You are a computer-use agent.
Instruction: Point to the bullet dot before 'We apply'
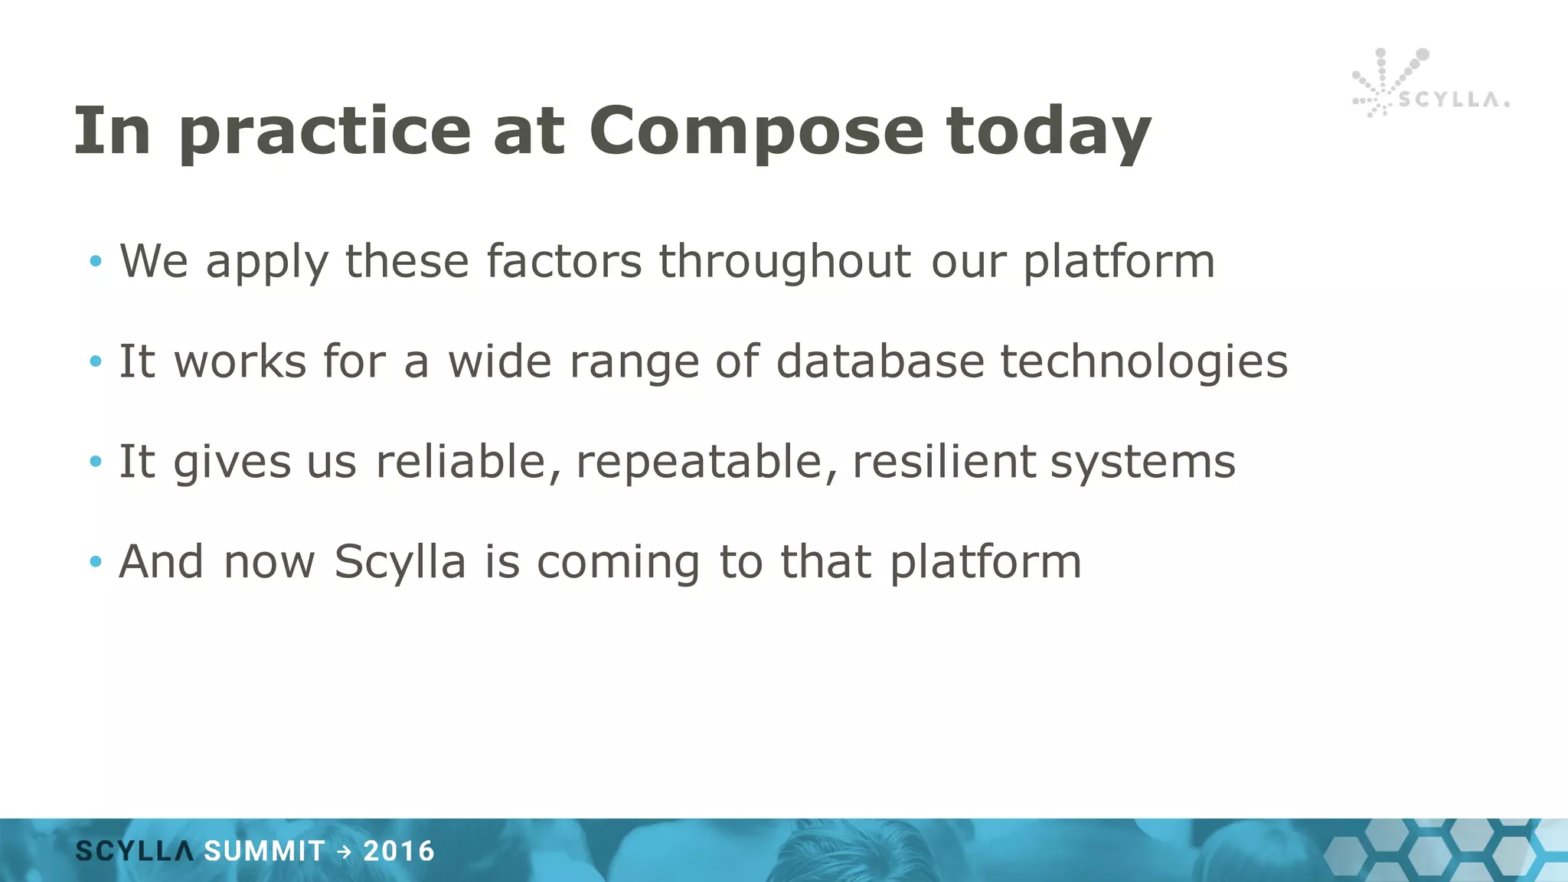pyautogui.click(x=95, y=262)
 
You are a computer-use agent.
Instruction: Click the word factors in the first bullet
pyautogui.click(x=563, y=262)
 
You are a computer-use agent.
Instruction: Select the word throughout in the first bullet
pyautogui.click(x=786, y=262)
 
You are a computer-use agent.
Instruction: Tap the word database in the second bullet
pyautogui.click(x=880, y=361)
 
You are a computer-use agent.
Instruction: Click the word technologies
pyautogui.click(x=1144, y=361)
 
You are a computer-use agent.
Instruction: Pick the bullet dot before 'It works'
pyautogui.click(x=95, y=361)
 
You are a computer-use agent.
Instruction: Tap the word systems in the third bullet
pyautogui.click(x=1142, y=462)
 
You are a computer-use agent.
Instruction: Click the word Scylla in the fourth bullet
pyautogui.click(x=400, y=562)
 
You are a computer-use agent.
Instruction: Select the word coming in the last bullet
pyautogui.click(x=618, y=562)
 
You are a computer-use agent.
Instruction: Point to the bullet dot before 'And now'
pyautogui.click(x=95, y=562)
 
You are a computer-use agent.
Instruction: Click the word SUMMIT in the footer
pyautogui.click(x=265, y=851)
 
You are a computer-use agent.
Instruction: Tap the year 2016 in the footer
pyautogui.click(x=399, y=851)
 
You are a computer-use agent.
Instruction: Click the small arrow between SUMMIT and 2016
pyautogui.click(x=345, y=851)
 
